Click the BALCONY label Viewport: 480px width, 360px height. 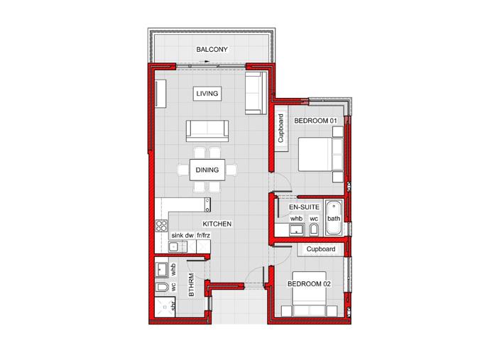tap(212, 49)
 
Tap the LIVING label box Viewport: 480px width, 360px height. tap(207, 93)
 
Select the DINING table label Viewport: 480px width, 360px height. tap(207, 170)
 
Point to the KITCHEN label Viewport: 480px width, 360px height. tap(217, 224)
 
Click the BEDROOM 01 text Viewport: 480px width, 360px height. tap(315, 121)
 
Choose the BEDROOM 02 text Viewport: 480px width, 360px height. tap(309, 284)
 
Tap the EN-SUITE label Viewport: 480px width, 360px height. tap(305, 207)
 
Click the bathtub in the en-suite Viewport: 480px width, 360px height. tap(334, 218)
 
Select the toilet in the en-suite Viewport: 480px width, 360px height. tap(314, 229)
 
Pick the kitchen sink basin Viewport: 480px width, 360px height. tap(174, 246)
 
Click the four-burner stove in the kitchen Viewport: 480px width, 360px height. tap(161, 226)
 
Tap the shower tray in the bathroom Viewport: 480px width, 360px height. tap(165, 307)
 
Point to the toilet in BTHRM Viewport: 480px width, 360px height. tap(162, 287)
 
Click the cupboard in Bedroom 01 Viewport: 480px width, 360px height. tap(281, 129)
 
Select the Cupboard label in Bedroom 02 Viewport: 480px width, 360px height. tap(321, 249)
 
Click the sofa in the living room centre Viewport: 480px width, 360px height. tap(207, 131)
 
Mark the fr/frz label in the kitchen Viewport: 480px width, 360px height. tap(204, 236)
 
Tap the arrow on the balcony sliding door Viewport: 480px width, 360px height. tap(204, 62)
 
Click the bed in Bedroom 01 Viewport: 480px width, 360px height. tap(320, 154)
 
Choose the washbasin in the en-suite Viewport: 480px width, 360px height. tap(296, 229)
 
